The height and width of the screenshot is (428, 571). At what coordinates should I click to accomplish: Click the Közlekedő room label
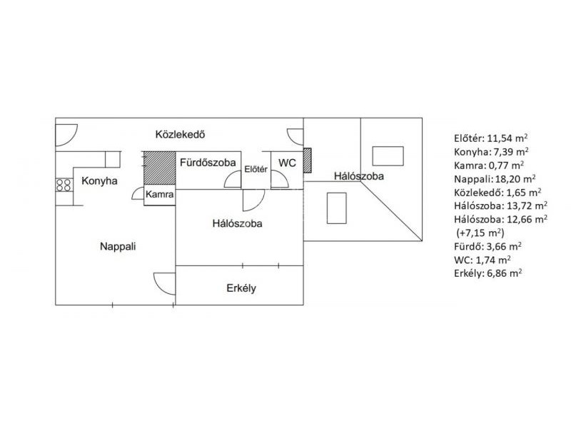coord(181,134)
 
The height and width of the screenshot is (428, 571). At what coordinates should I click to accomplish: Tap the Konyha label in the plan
coord(99,181)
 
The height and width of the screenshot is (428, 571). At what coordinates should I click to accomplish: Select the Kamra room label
coord(159,194)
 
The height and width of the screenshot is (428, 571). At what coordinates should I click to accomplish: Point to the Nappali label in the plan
coord(118,246)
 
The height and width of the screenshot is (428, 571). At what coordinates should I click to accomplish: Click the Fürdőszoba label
coord(208,163)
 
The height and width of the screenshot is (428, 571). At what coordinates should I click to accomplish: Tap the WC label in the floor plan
coord(288,163)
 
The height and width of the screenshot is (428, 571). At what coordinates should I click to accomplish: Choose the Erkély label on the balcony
coord(241,288)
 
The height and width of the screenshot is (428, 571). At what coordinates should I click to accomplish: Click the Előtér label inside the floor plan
coord(256,169)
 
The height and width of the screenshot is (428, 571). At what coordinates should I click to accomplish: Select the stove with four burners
coord(64,185)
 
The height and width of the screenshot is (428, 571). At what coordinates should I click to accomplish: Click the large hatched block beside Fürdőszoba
coord(160,168)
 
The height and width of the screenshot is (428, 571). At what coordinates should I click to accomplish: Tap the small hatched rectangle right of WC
coord(308,160)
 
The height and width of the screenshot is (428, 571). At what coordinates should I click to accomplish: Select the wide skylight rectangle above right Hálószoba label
coord(388,156)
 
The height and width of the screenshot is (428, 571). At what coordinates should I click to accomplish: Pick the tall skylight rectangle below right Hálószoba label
coord(336,208)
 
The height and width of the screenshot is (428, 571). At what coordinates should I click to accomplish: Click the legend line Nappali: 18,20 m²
coord(495,179)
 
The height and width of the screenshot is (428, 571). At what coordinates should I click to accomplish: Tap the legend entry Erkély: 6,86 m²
coord(488,273)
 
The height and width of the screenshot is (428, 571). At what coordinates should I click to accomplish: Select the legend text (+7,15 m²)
coord(480,233)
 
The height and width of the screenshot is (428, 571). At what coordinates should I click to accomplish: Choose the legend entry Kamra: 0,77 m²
coord(489,165)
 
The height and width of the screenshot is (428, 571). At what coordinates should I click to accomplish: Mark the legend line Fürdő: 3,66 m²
coord(487,246)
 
